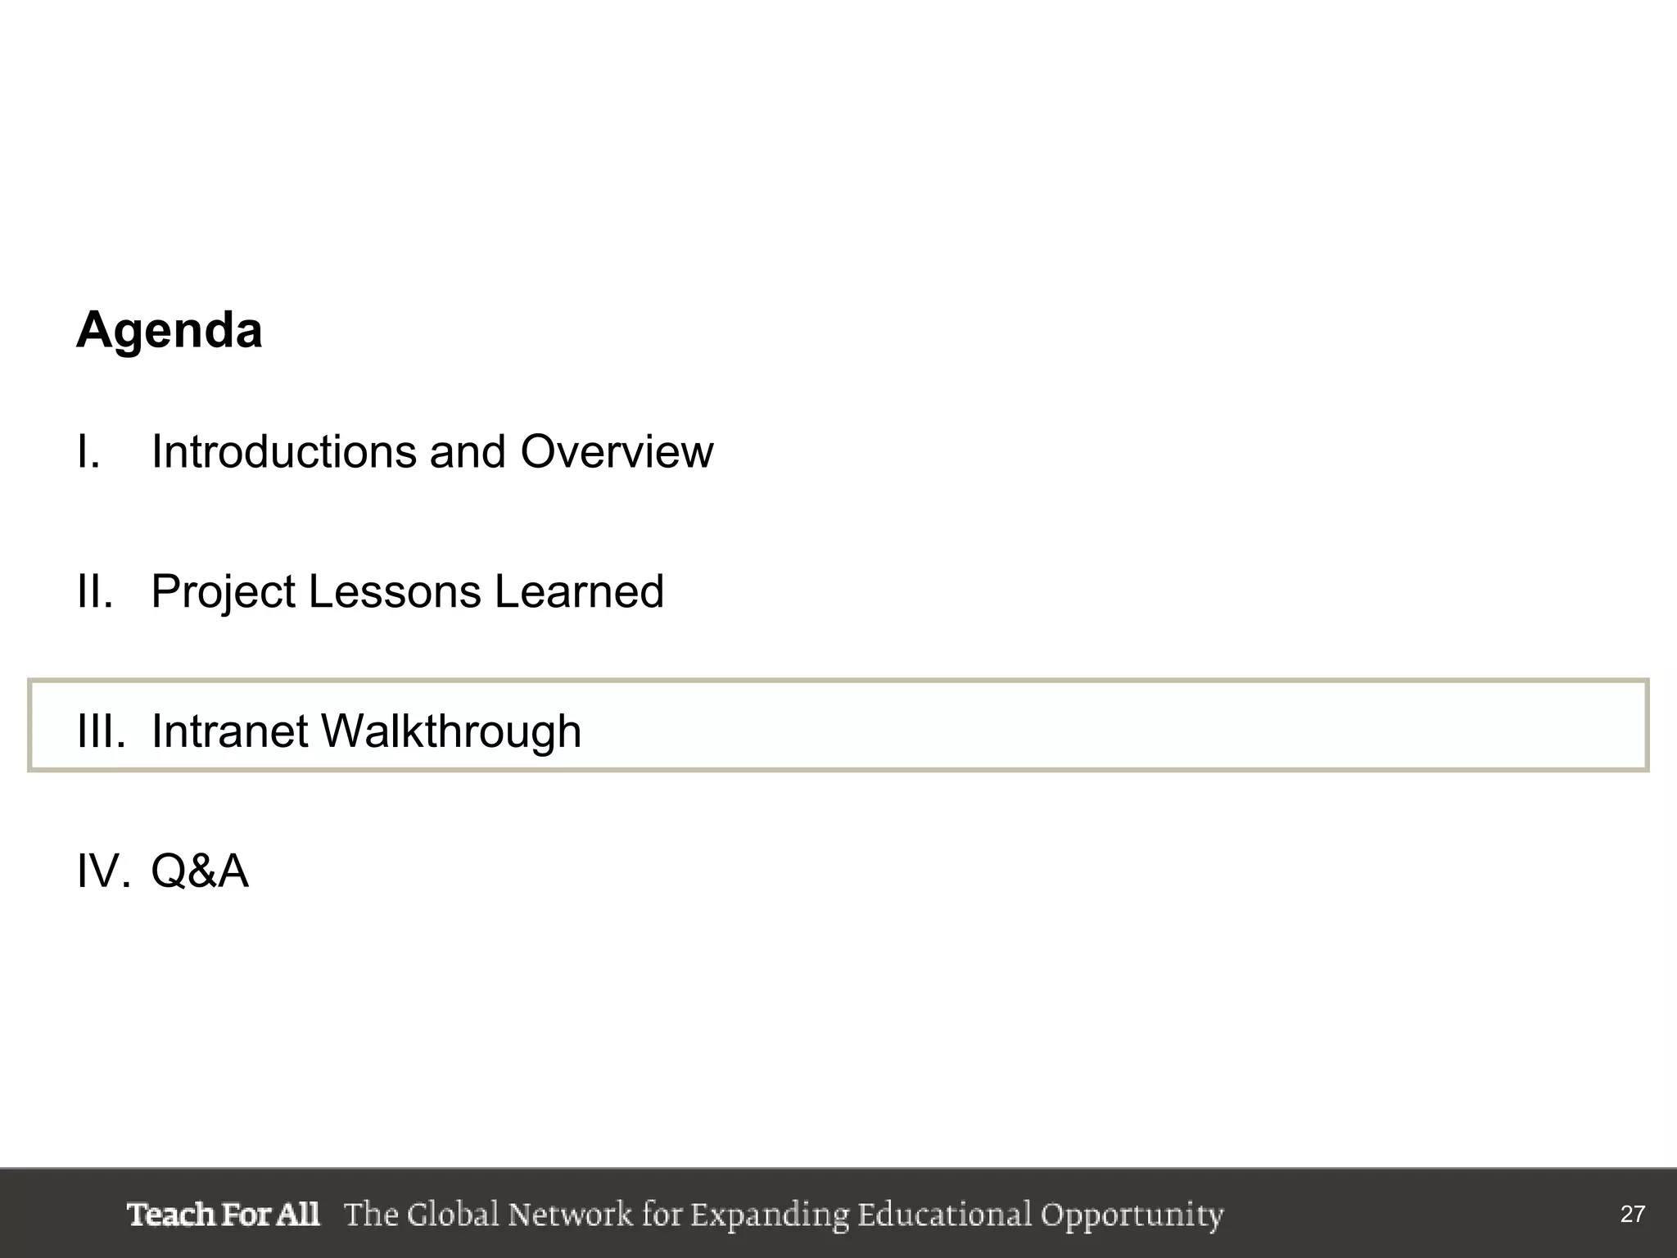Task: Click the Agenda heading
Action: [170, 330]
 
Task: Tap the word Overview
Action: [617, 451]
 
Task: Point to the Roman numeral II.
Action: [94, 591]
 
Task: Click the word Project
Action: [223, 593]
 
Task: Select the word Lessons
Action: [395, 591]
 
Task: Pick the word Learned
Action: [579, 591]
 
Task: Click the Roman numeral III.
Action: [101, 731]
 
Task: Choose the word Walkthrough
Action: [451, 731]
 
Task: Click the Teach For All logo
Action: [223, 1214]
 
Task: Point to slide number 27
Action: [1632, 1214]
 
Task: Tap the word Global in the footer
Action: [453, 1214]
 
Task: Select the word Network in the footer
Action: [570, 1214]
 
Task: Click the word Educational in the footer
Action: [945, 1214]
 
